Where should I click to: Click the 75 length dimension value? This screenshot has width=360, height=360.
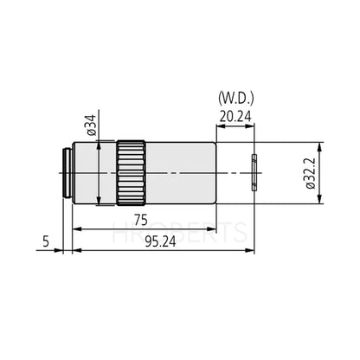pos(138,220)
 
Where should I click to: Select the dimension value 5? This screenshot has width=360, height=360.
pos(45,243)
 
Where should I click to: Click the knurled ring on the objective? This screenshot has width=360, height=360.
pos(132,173)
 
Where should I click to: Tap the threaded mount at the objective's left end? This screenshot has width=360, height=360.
pos(66,173)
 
